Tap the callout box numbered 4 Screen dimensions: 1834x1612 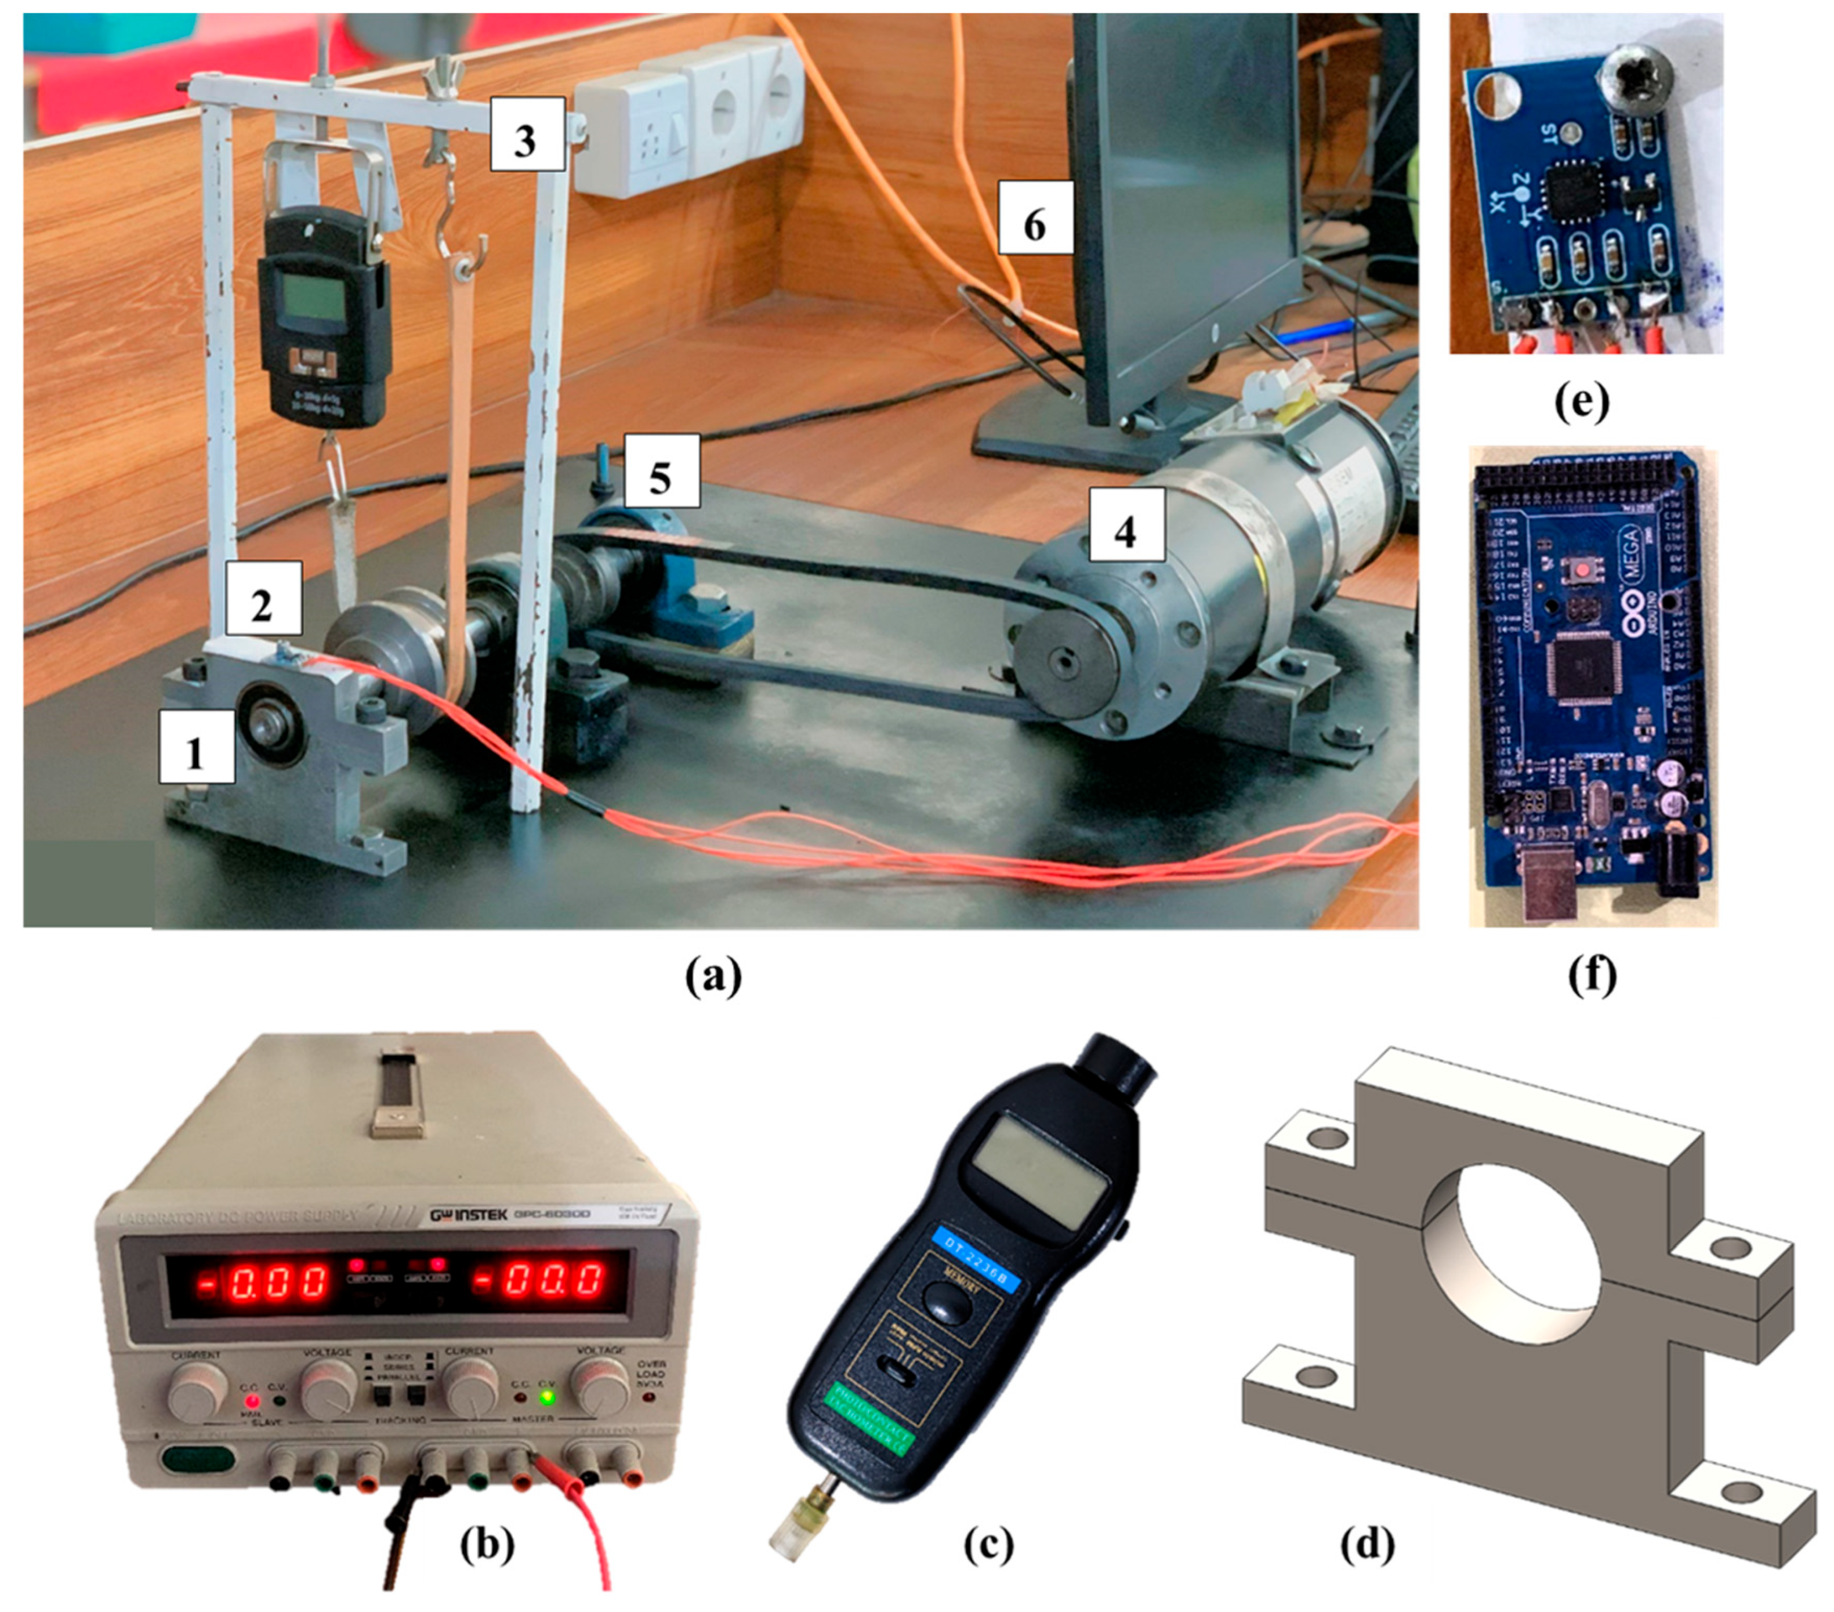point(1125,531)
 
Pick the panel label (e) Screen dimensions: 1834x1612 point(1582,404)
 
